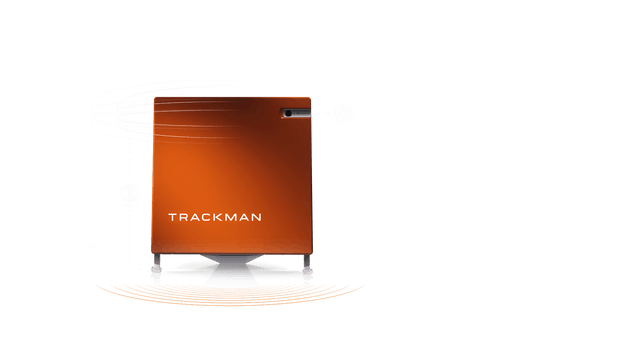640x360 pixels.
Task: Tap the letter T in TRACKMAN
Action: coord(172,216)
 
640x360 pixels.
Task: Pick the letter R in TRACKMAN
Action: coord(182,216)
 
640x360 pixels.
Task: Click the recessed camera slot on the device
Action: coord(296,114)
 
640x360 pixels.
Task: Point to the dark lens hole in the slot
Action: coord(288,114)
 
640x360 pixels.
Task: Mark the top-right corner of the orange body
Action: coord(310,97)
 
